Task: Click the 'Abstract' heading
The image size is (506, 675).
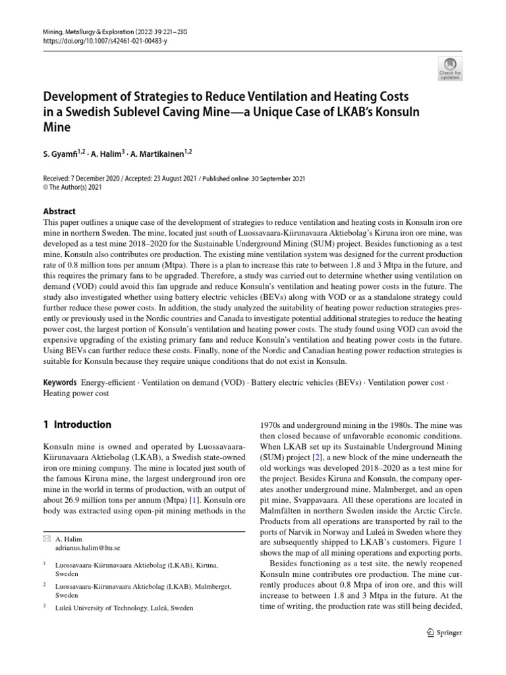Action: point(59,212)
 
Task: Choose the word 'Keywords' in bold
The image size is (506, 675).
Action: point(60,382)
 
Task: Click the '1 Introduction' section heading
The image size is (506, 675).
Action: point(77,425)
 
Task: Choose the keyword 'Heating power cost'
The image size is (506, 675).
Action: point(76,393)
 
